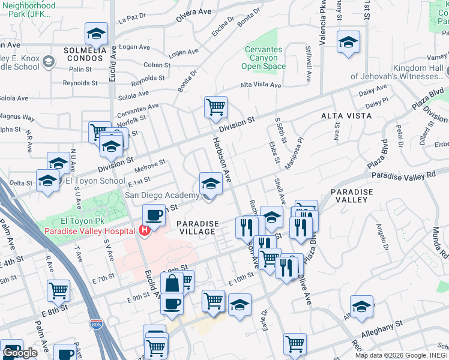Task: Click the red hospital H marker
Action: pyautogui.click(x=144, y=230)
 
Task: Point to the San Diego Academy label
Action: pyautogui.click(x=161, y=196)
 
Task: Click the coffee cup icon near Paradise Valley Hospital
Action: pyautogui.click(x=154, y=215)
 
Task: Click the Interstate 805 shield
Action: pyautogui.click(x=97, y=325)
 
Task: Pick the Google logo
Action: pyautogui.click(x=20, y=353)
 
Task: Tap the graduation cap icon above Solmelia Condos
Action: pyautogui.click(x=96, y=34)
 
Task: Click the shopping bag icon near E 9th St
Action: pyautogui.click(x=172, y=283)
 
